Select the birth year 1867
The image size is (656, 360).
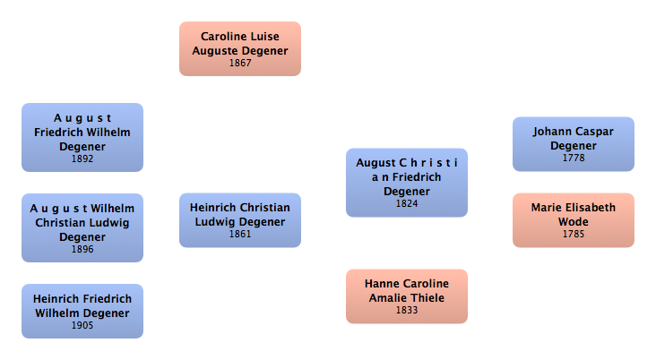point(239,64)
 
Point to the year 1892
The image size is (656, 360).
point(82,159)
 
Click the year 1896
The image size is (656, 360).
point(82,250)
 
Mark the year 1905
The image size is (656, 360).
point(82,325)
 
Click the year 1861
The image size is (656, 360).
point(239,234)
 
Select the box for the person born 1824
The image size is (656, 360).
point(407,181)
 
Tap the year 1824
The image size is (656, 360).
point(407,204)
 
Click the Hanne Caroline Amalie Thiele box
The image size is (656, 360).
point(407,294)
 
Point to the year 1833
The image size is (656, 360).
point(407,311)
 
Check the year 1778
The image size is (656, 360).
point(573,159)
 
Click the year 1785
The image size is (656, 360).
point(573,234)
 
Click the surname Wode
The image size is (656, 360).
point(574,220)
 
